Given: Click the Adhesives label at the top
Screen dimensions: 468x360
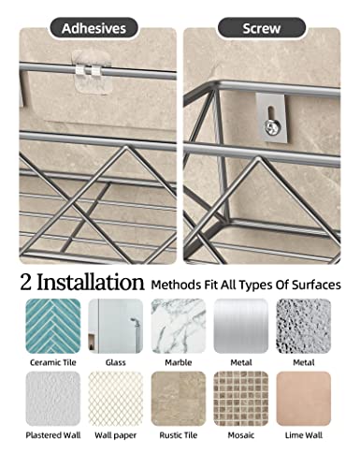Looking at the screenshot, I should pyautogui.click(x=94, y=28).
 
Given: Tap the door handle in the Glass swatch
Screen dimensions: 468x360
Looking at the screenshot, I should pyautogui.click(x=135, y=329).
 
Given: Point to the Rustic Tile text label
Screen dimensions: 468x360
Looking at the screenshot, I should pyautogui.click(x=177, y=435).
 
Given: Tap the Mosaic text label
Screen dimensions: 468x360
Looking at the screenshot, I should pyautogui.click(x=240, y=435).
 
